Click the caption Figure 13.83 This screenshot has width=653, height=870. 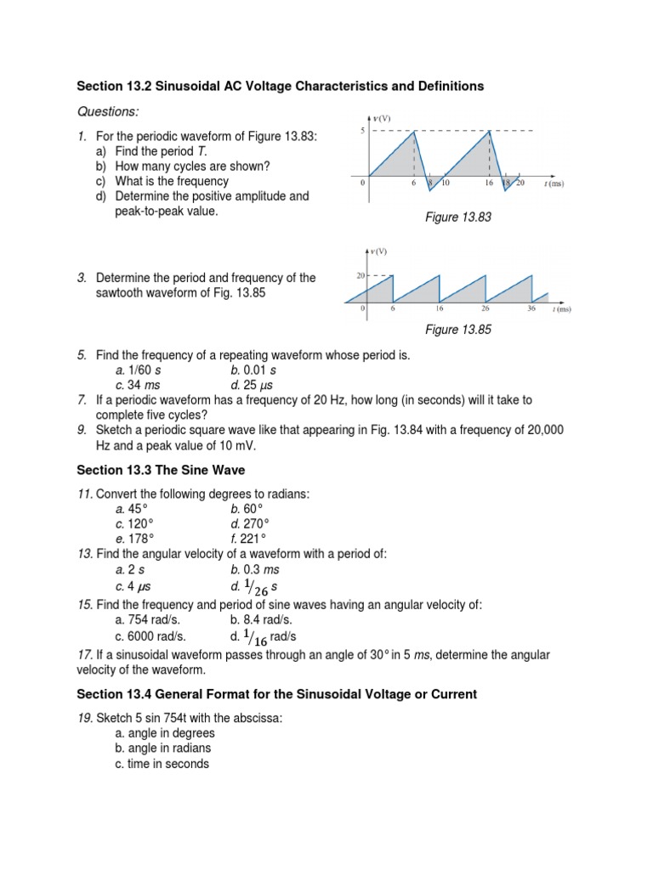point(458,218)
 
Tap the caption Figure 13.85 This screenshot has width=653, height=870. point(458,330)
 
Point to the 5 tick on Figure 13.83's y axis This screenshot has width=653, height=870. point(361,131)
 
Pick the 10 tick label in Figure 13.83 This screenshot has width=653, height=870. point(445,184)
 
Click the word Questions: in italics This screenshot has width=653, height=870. point(108,112)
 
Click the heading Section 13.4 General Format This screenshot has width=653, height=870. point(277,694)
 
